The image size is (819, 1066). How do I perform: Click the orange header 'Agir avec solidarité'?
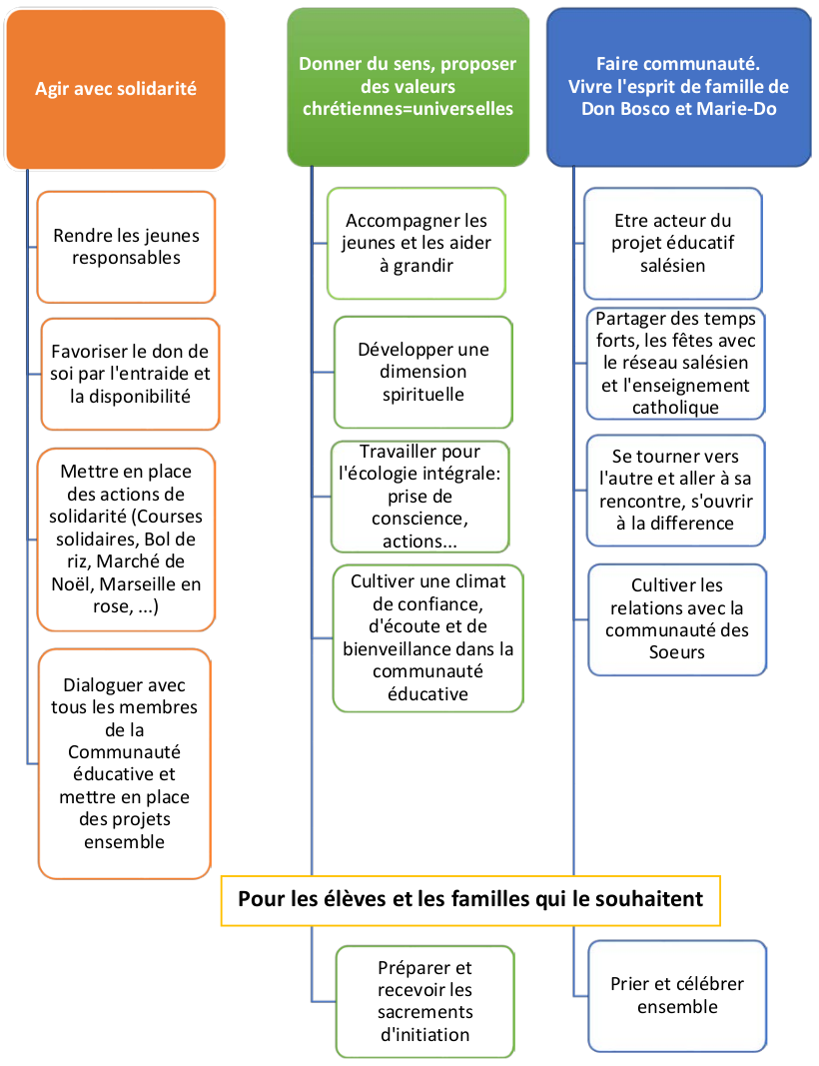tap(115, 89)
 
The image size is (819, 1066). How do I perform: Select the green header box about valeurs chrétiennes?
tap(408, 87)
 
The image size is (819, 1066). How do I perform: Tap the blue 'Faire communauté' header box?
tap(678, 87)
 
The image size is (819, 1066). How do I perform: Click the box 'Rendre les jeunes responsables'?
tap(126, 247)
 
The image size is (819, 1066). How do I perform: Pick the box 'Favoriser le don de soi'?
tap(130, 374)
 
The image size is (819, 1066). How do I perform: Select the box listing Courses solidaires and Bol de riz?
tap(126, 539)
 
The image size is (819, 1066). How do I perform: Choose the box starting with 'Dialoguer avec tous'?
tap(124, 763)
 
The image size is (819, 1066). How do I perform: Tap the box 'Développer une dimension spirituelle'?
tap(422, 372)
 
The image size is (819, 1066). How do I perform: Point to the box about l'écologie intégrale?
tap(418, 497)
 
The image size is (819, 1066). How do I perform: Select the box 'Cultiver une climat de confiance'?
tap(427, 637)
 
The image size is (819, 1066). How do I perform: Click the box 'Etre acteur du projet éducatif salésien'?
tap(672, 243)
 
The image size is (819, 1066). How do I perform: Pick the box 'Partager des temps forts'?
tap(675, 363)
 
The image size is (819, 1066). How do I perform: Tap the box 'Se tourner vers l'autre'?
tap(675, 491)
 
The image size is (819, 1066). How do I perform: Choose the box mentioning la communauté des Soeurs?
tap(676, 618)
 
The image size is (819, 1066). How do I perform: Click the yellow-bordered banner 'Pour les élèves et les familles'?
tap(469, 899)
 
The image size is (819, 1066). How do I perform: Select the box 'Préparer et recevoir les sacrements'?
tap(424, 1001)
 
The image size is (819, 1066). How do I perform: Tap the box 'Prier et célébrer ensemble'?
tap(676, 995)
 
